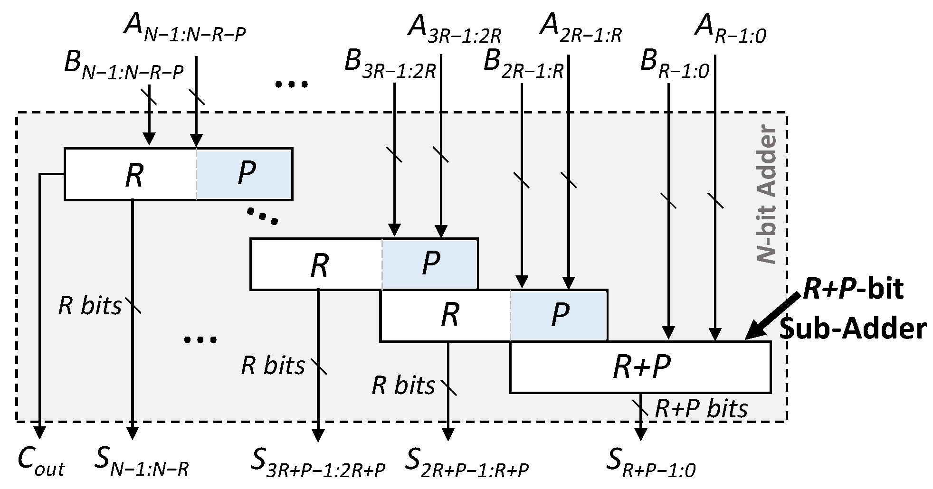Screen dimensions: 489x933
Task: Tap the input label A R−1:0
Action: click(x=730, y=28)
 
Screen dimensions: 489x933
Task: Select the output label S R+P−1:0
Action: click(x=651, y=463)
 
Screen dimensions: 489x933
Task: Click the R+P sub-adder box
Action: click(x=640, y=367)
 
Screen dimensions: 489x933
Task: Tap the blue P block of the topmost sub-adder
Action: click(x=245, y=174)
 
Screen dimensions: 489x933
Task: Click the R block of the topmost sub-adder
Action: click(x=133, y=175)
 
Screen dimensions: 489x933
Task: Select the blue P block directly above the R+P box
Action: click(x=559, y=315)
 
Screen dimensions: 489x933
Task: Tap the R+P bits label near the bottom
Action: click(x=701, y=408)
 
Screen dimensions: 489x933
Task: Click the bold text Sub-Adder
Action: click(x=853, y=329)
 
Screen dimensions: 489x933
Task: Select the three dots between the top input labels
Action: click(x=291, y=85)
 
